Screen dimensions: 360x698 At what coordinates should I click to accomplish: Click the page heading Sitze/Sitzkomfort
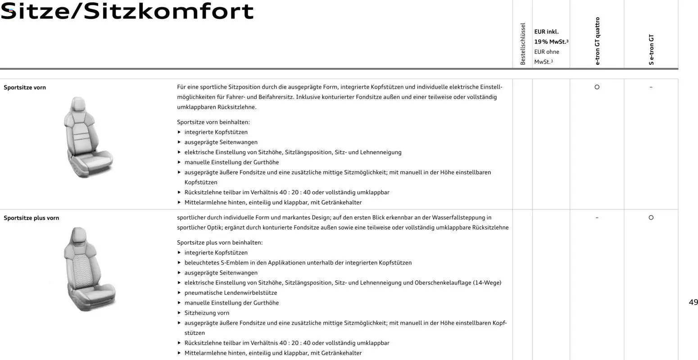[127, 11]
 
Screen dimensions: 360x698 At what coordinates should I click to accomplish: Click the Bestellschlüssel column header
[522, 44]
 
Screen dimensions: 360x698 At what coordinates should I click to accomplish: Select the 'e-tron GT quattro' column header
[597, 41]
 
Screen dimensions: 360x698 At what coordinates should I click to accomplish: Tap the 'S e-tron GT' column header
[651, 49]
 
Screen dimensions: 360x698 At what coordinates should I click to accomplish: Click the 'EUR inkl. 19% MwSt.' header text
[551, 37]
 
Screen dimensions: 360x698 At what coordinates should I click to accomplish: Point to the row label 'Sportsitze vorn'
[25, 88]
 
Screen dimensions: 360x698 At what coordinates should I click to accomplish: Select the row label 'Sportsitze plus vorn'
[32, 218]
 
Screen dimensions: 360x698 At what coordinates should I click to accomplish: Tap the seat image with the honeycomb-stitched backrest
[88, 269]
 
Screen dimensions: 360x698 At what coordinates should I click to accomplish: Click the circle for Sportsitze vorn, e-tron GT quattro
[597, 87]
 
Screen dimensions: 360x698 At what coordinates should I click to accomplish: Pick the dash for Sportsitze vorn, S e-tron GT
[651, 87]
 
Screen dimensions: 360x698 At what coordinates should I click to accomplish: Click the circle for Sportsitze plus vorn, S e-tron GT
[651, 217]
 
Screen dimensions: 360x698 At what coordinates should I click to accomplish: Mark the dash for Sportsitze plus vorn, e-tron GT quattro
[597, 218]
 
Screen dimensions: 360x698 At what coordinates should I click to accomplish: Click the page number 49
[693, 302]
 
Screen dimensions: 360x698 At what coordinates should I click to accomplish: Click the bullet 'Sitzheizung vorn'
[207, 313]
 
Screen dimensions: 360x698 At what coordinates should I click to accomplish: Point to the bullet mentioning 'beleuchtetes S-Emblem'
[298, 263]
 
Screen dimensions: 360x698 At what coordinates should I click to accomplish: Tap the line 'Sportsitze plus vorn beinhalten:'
[220, 243]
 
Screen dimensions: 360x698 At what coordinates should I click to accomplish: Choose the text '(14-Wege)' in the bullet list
[487, 283]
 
